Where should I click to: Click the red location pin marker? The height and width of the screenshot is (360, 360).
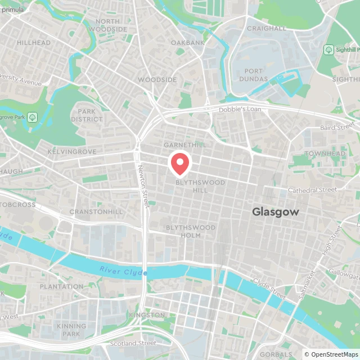point(180,164)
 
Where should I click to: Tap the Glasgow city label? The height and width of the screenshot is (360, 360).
point(276,212)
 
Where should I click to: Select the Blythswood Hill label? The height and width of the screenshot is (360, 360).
point(200,186)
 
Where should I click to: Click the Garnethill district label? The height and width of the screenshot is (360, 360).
point(184,145)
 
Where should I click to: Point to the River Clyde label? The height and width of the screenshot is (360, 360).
point(123,272)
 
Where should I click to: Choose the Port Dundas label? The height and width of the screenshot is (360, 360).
point(256,75)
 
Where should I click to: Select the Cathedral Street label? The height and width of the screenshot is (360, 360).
point(312,190)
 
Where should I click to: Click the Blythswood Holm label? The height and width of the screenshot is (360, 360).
point(190,231)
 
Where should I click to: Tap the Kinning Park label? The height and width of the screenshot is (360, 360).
point(71,330)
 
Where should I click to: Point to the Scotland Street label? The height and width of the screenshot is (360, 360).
point(133,343)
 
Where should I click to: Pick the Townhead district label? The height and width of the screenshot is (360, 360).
point(325,154)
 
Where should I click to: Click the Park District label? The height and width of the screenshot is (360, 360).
point(87,115)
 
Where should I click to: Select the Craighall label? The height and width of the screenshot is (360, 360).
point(266,28)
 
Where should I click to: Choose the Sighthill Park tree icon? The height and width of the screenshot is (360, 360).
point(329,50)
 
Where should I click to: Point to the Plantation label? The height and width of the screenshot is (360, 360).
point(62,286)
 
